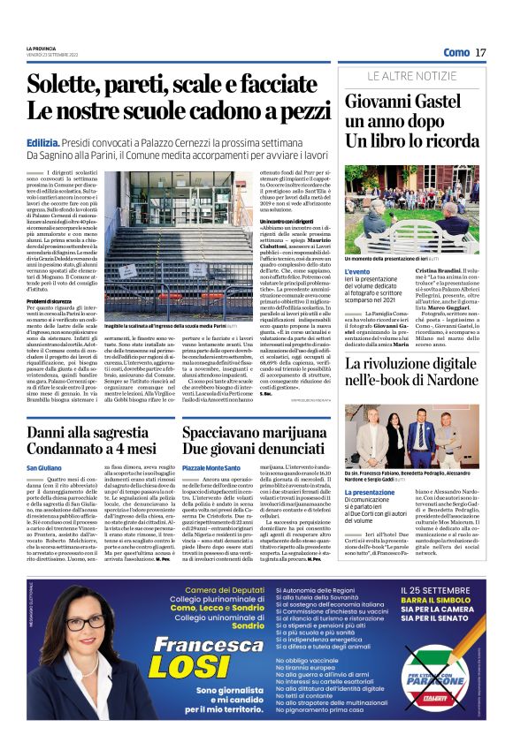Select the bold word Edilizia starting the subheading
point(42,141)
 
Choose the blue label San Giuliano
point(44,466)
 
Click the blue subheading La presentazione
point(363,467)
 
